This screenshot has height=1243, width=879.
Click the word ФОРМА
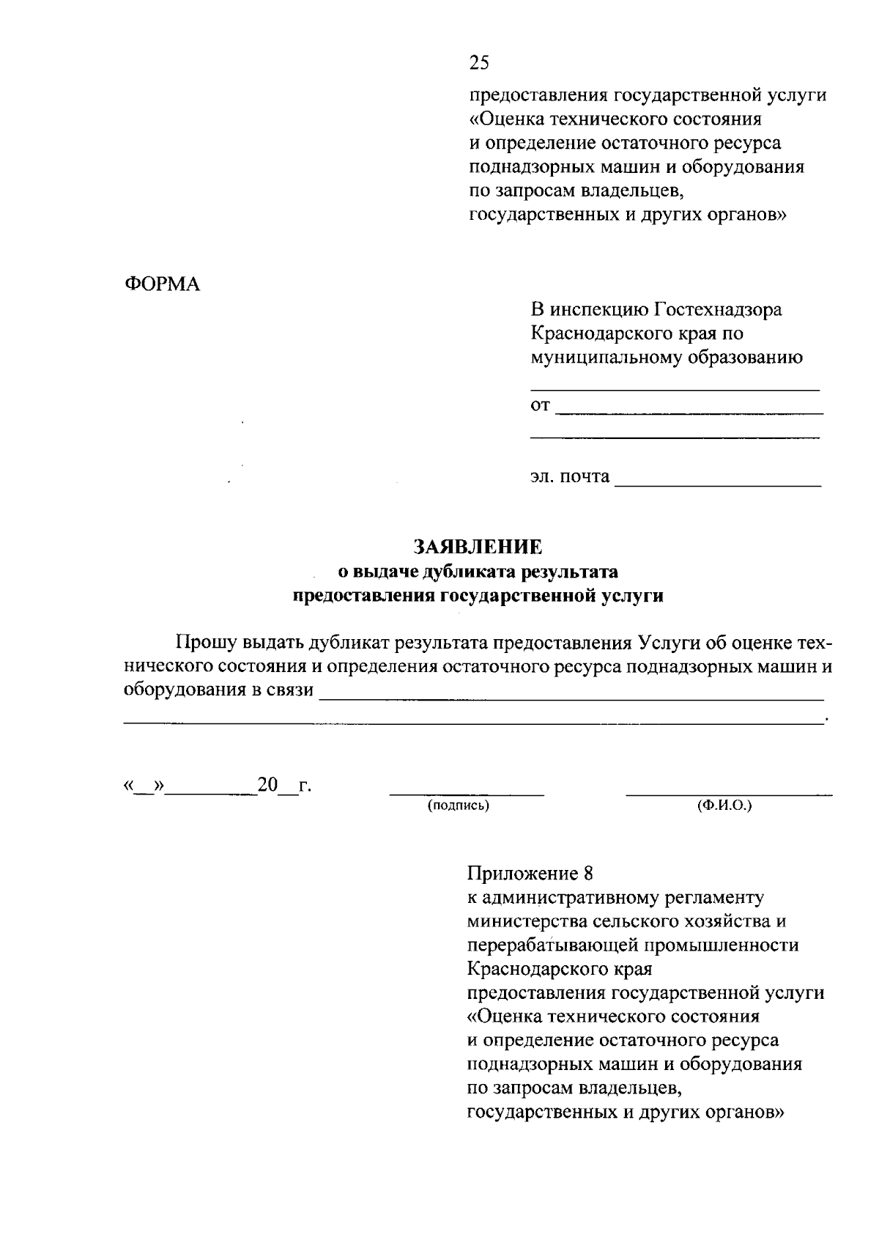161,284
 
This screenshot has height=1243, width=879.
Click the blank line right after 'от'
689,413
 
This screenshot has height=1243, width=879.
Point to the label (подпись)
459,806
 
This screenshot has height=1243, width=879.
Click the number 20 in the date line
267,785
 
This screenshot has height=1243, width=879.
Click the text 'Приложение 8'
529,874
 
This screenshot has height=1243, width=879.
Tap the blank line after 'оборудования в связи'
571,699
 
